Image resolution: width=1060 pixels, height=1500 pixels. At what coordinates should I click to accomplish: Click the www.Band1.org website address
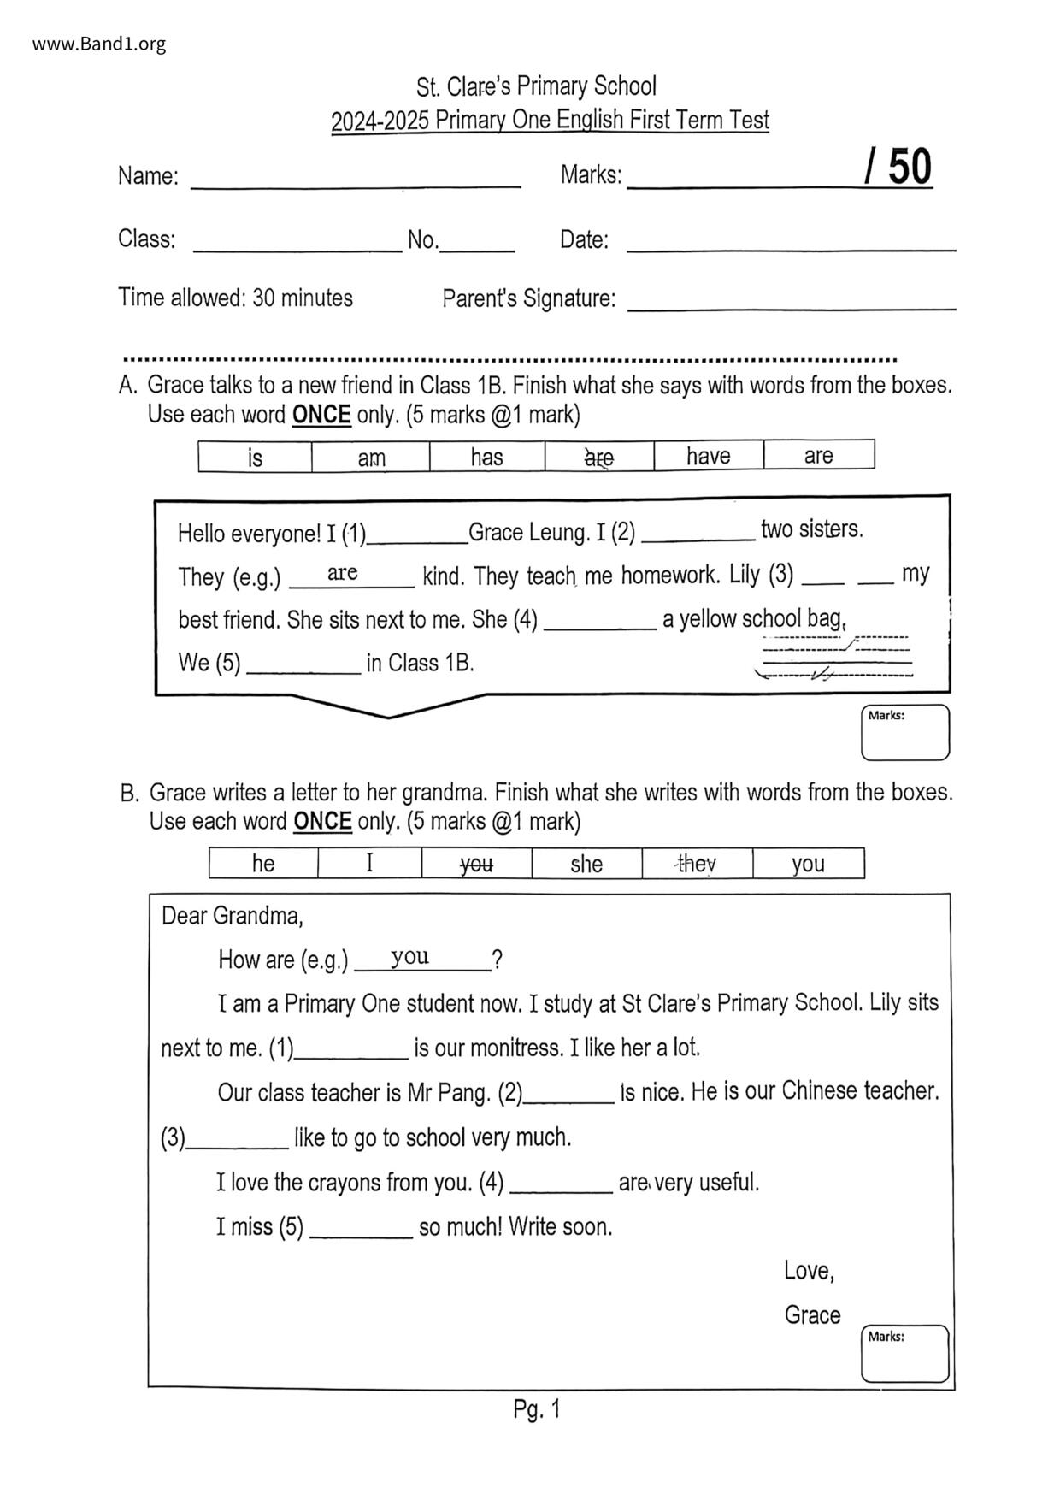point(99,44)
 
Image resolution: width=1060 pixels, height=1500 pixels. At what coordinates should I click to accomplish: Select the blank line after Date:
point(791,244)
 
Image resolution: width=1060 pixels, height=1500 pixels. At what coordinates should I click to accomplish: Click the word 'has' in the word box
point(486,457)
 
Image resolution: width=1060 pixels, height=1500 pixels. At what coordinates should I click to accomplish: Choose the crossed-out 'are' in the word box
point(598,458)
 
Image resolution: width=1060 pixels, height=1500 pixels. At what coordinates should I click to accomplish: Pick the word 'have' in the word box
point(708,456)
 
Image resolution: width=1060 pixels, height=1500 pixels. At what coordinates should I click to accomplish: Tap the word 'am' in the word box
point(371,458)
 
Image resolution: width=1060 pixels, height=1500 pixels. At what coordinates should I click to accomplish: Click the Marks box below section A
point(904,733)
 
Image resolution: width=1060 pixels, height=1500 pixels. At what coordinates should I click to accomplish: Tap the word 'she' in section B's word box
point(586,864)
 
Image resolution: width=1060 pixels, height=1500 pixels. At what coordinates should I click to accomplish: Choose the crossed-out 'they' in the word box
point(697,864)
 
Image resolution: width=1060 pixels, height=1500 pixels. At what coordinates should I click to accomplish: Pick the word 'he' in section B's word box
point(263,864)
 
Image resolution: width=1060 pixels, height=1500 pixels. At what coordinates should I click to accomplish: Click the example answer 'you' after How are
point(410,957)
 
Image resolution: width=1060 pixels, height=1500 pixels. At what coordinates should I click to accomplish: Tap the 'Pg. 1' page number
point(537,1408)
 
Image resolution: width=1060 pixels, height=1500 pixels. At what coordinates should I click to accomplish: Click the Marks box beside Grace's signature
point(904,1354)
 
